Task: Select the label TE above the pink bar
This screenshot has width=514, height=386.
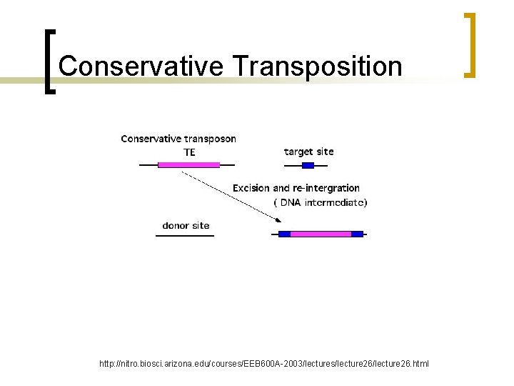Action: point(189,152)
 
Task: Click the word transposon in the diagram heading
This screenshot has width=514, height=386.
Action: point(209,139)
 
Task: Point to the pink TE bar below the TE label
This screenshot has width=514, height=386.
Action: point(188,164)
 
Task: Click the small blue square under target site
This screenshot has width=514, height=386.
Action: point(308,165)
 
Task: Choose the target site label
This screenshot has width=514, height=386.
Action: point(308,152)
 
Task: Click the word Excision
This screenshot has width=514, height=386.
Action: point(251,188)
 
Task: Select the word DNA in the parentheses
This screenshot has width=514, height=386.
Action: point(291,202)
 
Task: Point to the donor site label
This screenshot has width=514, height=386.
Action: point(186,225)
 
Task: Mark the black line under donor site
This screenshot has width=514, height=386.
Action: point(185,235)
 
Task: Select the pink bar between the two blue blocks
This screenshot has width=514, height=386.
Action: point(321,234)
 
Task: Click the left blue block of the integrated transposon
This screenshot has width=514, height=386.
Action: point(284,234)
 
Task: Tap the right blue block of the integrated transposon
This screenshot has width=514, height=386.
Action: point(357,234)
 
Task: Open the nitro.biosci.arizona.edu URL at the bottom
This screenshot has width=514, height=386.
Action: point(264,364)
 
